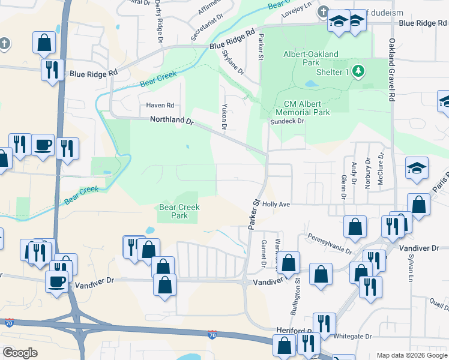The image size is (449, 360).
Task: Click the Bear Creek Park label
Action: (179, 211)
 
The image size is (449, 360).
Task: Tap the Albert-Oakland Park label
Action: (310, 58)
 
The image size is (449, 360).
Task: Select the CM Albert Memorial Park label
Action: (303, 108)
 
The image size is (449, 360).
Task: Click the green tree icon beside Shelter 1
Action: (359, 72)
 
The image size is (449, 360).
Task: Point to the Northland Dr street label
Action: (172, 121)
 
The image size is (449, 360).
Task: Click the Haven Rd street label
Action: (160, 105)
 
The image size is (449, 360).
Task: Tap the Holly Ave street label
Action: (276, 205)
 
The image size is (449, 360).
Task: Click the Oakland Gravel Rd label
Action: (392, 69)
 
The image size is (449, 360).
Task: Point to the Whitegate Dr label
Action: (351, 337)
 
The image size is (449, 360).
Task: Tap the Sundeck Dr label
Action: (288, 121)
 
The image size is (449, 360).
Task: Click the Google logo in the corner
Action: (20, 353)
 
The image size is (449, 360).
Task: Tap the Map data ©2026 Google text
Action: (411, 355)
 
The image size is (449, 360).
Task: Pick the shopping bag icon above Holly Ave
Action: (419, 204)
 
